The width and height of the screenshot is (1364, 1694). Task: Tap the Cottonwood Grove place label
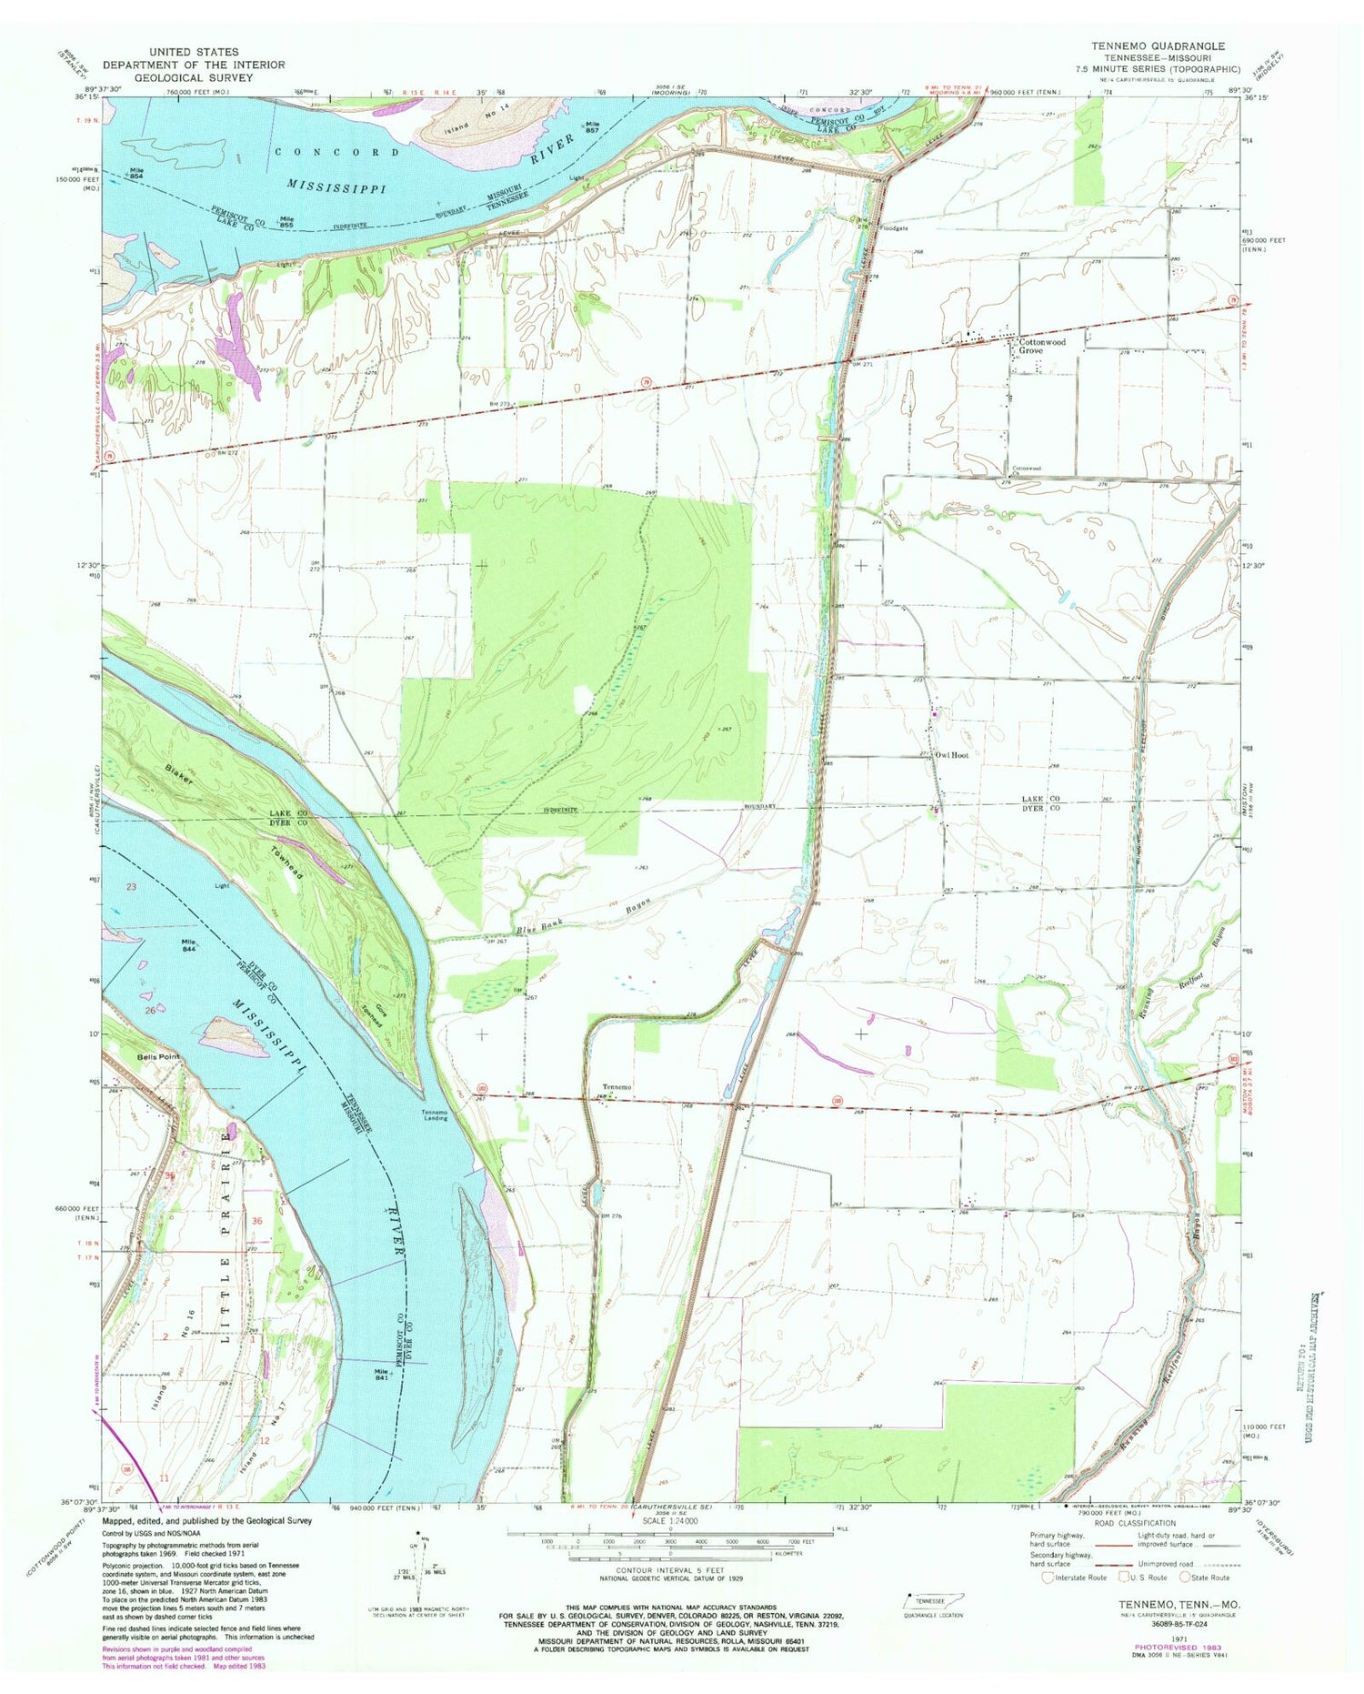1042,346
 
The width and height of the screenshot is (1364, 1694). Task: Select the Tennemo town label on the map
617,1088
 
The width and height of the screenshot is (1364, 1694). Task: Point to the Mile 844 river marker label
189,944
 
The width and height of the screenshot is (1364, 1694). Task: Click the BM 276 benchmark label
610,1215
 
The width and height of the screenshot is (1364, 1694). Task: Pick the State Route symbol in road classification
1187,1578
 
